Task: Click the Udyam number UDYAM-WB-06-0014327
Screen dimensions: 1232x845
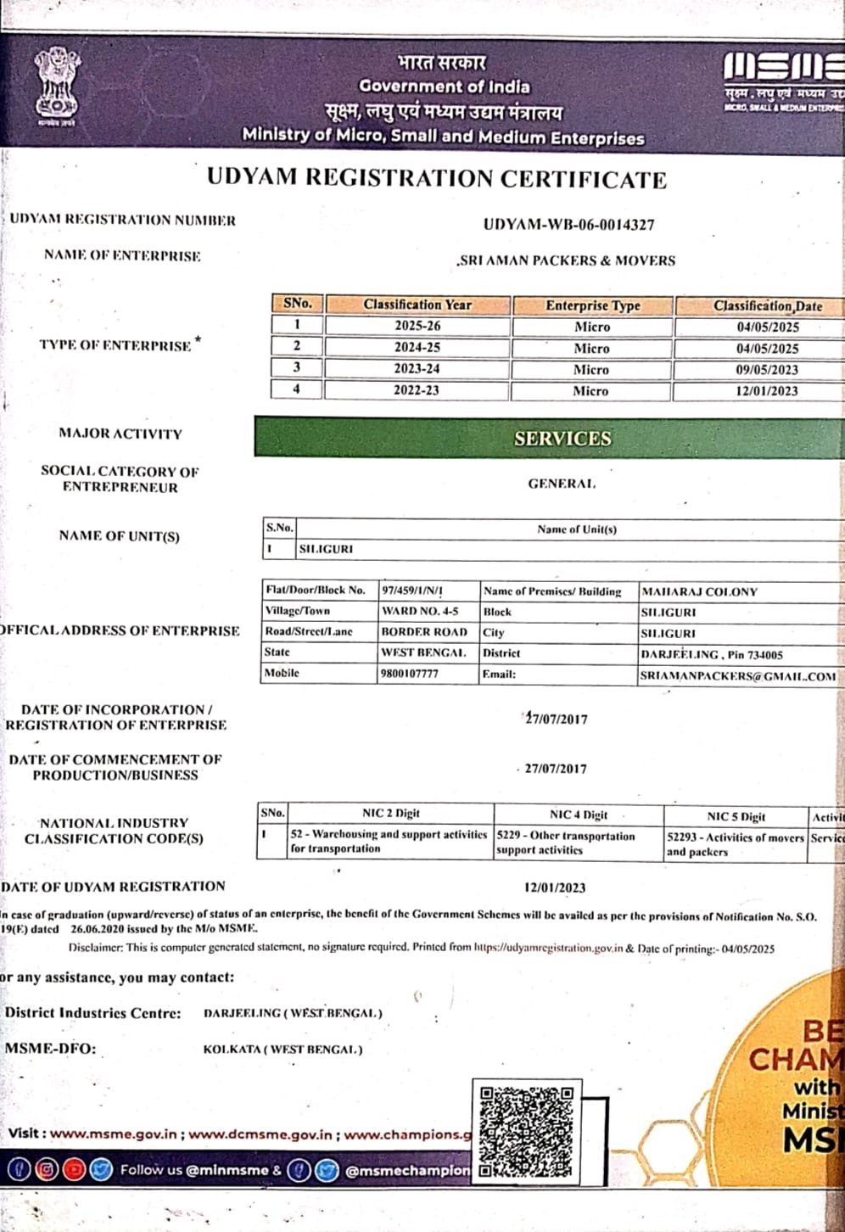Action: (568, 225)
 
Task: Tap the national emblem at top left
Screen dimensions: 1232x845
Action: (56, 88)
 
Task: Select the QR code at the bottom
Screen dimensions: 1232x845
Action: (526, 1130)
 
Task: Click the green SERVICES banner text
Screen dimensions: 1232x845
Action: (562, 439)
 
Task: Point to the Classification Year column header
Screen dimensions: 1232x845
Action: (417, 305)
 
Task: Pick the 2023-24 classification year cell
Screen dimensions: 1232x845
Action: (417, 369)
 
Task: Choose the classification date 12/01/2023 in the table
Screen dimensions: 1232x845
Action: (767, 391)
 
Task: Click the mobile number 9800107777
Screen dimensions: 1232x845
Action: (410, 674)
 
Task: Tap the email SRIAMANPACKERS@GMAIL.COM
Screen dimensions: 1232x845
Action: (738, 676)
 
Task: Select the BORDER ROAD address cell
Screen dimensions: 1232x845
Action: (424, 632)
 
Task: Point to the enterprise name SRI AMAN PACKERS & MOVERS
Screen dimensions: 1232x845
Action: (567, 260)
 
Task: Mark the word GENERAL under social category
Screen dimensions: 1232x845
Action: (562, 484)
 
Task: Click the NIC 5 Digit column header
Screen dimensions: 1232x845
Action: (736, 816)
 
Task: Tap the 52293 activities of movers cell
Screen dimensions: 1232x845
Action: (735, 844)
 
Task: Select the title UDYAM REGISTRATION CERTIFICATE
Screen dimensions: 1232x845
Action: (437, 178)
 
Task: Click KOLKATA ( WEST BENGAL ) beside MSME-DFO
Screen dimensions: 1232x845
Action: (283, 1050)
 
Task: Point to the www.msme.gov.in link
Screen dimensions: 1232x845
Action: (114, 1134)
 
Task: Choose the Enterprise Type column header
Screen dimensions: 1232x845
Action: (592, 305)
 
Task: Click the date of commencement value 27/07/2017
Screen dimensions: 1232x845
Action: (556, 769)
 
